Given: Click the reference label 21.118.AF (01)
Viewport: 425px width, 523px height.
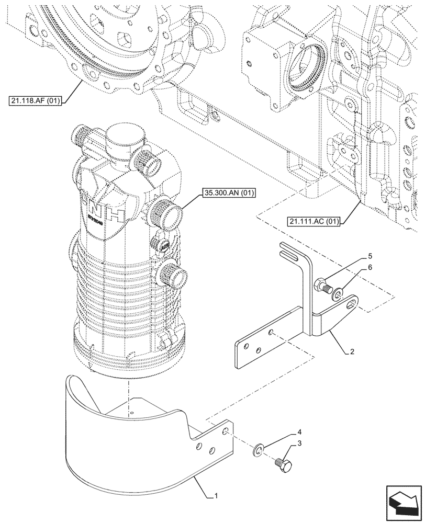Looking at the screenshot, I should tap(35, 100).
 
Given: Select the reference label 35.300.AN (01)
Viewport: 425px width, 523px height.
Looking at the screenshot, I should tap(227, 194).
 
